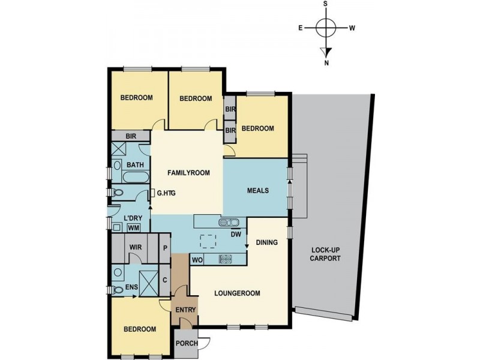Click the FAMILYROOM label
coord(188,173)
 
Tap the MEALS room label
coord(258,191)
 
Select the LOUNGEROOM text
coord(238,293)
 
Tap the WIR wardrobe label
coord(135,247)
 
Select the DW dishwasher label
coord(236,235)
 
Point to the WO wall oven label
coord(197,260)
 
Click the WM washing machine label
coord(133,228)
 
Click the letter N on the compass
coord(326,62)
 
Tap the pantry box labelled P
coord(165,247)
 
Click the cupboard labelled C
coord(164,279)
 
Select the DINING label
coord(267,243)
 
